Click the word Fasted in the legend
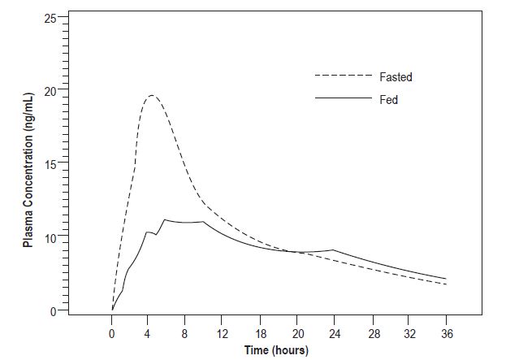[x=396, y=77]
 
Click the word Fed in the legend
[x=388, y=99]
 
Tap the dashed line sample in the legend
[x=341, y=77]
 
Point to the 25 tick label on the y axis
[x=50, y=18]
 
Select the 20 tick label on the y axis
[x=50, y=91]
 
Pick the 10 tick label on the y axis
[x=50, y=238]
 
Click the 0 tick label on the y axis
[x=53, y=311]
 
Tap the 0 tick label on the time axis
[x=112, y=333]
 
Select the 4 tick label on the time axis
[x=149, y=333]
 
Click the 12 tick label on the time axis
[x=223, y=333]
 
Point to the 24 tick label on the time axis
[x=334, y=333]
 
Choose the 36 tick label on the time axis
[x=445, y=333]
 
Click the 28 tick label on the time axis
[x=371, y=333]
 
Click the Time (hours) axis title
[x=279, y=350]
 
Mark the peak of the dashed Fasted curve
[x=151, y=96]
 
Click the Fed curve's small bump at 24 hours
[x=333, y=249]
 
